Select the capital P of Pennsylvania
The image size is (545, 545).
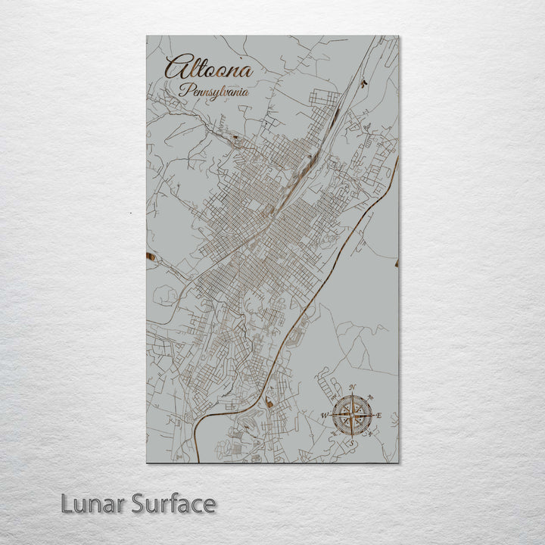pyautogui.click(x=184, y=90)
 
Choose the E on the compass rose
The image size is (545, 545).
pyautogui.click(x=379, y=416)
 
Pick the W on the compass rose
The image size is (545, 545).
pyautogui.click(x=323, y=416)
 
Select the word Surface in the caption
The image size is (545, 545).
pyautogui.click(x=173, y=503)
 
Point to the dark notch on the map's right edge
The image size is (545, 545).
pyautogui.click(x=396, y=263)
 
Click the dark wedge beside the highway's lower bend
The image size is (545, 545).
pyautogui.click(x=269, y=403)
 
